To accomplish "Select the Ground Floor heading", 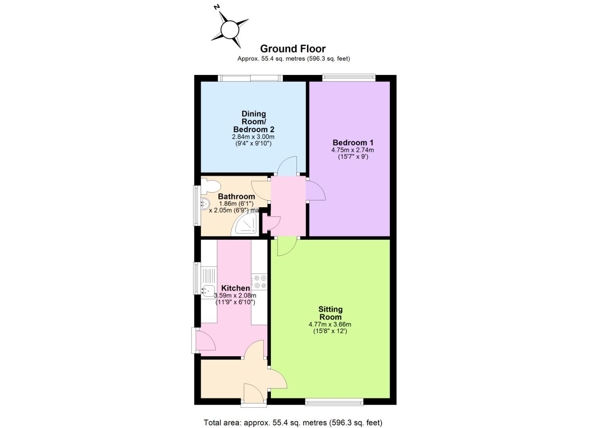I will click(x=293, y=49).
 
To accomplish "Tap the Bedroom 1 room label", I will click(x=353, y=143).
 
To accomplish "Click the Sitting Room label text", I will click(x=330, y=313).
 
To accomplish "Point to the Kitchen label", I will click(x=235, y=288).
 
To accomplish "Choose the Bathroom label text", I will click(x=236, y=197).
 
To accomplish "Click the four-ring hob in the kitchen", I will click(x=260, y=282).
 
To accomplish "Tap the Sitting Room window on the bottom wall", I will click(x=334, y=402).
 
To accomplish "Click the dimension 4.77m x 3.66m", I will click(x=330, y=324).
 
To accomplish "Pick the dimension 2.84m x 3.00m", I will click(x=253, y=137).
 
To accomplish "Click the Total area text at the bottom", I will click(x=293, y=422).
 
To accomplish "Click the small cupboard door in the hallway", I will click(x=273, y=223).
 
